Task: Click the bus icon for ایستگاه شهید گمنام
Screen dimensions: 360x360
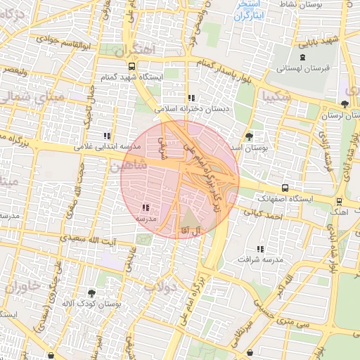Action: click(x=131, y=66)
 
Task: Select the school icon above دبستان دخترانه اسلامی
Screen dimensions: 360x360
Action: click(x=191, y=98)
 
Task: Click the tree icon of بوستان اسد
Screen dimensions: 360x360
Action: click(x=250, y=136)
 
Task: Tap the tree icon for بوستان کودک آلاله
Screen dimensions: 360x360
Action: click(x=91, y=292)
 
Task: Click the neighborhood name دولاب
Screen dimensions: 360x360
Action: click(x=160, y=286)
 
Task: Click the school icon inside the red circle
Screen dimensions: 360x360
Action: click(x=146, y=208)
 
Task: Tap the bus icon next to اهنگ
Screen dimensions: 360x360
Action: click(x=339, y=200)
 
